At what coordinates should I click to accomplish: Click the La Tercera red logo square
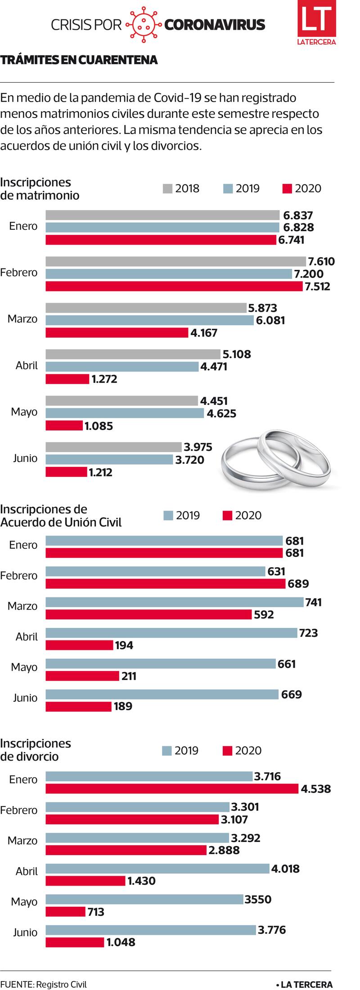[316, 23]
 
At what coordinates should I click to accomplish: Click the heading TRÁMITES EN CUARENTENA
[79, 60]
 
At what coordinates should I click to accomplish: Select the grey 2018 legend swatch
[167, 188]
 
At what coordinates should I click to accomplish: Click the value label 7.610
[321, 261]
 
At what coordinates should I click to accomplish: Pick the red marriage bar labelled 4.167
[117, 332]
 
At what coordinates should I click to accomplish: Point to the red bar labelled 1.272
[67, 379]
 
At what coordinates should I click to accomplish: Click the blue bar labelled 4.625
[124, 413]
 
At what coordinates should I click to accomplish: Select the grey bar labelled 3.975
[113, 447]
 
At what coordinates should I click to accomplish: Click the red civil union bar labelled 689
[165, 584]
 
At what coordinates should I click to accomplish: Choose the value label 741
[313, 602]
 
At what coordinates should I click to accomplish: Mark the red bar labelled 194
[79, 645]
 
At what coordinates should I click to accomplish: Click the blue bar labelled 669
[162, 694]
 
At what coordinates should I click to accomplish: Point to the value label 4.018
[285, 869]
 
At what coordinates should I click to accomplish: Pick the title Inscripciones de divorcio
[36, 750]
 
